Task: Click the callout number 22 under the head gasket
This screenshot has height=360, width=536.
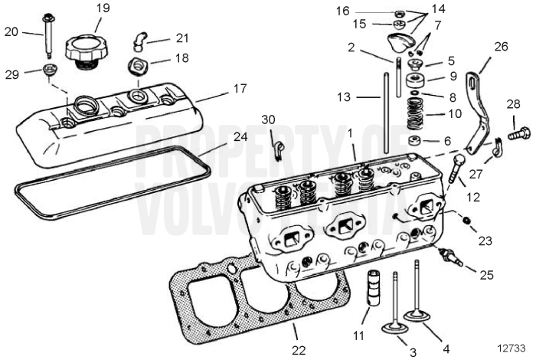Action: pyautogui.click(x=299, y=350)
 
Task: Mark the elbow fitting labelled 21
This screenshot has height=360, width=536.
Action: pyautogui.click(x=140, y=38)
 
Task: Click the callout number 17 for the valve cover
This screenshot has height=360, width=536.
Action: pyautogui.click(x=233, y=89)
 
